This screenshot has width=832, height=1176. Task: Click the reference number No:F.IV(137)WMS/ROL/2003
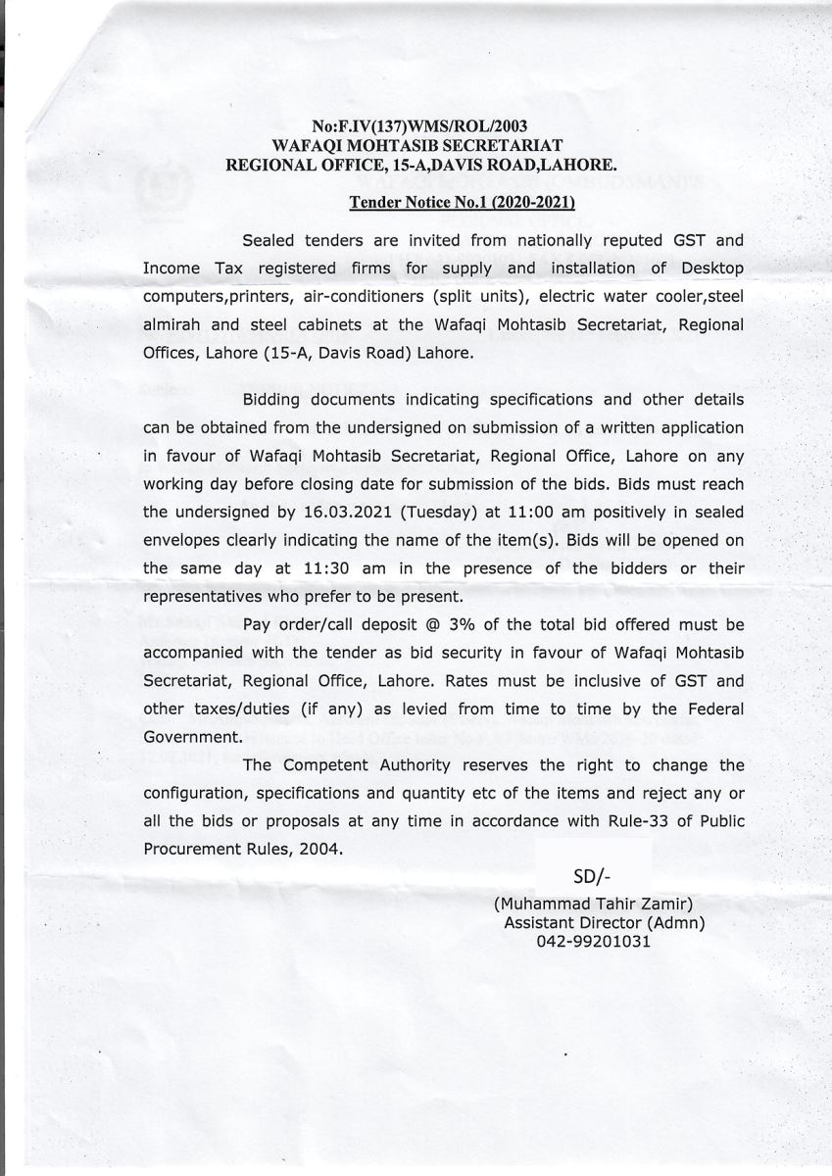tap(420, 126)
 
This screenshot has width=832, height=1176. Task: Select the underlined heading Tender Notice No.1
tap(463, 203)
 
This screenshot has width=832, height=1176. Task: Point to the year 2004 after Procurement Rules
tap(318, 850)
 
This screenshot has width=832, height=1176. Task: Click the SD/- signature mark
tap(591, 875)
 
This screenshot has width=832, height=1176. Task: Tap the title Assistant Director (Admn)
tap(604, 922)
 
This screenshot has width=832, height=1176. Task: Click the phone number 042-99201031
tap(593, 941)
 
